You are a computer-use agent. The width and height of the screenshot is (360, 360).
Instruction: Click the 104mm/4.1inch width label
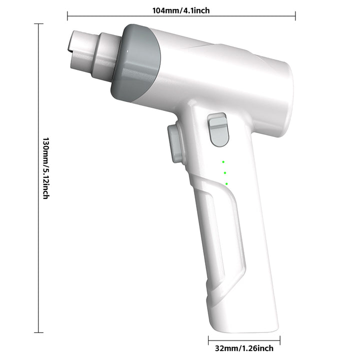pyautogui.click(x=181, y=9)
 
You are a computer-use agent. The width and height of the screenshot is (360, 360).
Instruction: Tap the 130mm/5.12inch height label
pyautogui.click(x=45, y=168)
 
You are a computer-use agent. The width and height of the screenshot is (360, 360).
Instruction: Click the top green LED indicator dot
pyautogui.click(x=223, y=161)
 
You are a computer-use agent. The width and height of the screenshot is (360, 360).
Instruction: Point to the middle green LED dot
pyautogui.click(x=225, y=172)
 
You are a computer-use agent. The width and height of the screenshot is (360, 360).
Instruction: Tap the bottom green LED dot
pyautogui.click(x=226, y=184)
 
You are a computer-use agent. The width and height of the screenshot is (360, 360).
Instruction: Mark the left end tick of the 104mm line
pyautogui.click(x=67, y=16)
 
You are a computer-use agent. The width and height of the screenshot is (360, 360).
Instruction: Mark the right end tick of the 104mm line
pyautogui.click(x=295, y=16)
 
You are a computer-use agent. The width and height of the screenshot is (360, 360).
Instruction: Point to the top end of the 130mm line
pyautogui.click(x=38, y=24)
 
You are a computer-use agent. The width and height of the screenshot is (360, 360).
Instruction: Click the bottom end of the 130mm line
pyautogui.click(x=38, y=332)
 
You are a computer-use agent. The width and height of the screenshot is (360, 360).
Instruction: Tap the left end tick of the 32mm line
pyautogui.click(x=208, y=340)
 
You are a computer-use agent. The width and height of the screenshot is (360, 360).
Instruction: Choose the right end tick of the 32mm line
pyautogui.click(x=279, y=340)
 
